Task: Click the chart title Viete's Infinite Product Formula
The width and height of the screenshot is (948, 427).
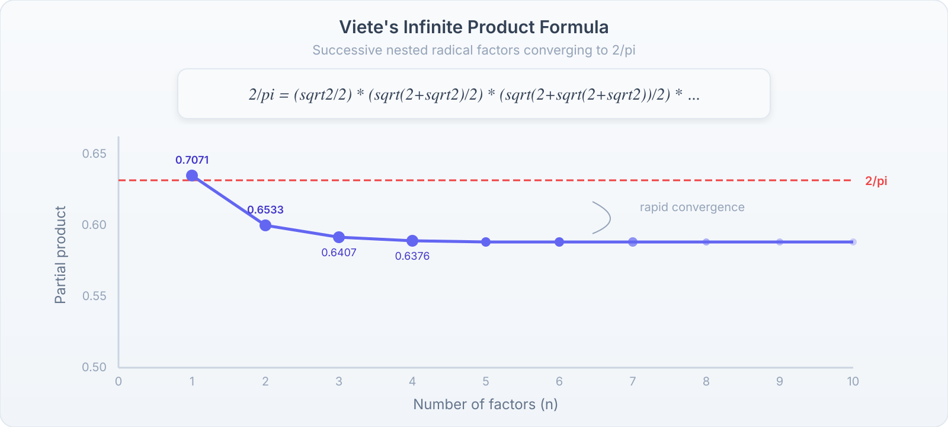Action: [x=473, y=27]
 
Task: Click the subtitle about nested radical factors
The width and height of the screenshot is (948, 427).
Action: [x=473, y=50]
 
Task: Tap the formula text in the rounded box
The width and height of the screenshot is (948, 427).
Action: [x=473, y=94]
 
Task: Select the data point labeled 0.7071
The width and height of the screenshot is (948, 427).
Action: [x=192, y=176]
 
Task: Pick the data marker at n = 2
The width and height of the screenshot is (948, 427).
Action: [x=265, y=225]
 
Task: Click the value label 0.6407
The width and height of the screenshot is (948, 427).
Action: [x=339, y=253]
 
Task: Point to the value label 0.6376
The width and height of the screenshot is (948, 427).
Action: [x=412, y=256]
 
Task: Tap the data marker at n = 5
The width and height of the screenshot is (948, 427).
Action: [x=486, y=242]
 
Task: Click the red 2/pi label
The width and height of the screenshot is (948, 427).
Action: [x=876, y=181]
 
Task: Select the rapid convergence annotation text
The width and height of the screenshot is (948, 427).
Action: [x=691, y=208]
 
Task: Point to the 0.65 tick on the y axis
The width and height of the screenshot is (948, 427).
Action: [x=94, y=154]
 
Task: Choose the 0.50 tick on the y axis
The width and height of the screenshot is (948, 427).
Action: [x=94, y=367]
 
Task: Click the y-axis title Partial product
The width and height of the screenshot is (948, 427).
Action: [x=60, y=255]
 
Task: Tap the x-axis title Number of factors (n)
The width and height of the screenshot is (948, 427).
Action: [x=485, y=404]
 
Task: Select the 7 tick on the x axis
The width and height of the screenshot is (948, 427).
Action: [x=633, y=381]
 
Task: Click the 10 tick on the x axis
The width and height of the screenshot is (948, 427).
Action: [x=853, y=381]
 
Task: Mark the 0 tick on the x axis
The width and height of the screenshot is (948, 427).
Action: [x=118, y=381]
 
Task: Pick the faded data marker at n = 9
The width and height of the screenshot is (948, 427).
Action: [x=780, y=242]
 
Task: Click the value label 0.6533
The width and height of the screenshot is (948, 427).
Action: [x=265, y=210]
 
